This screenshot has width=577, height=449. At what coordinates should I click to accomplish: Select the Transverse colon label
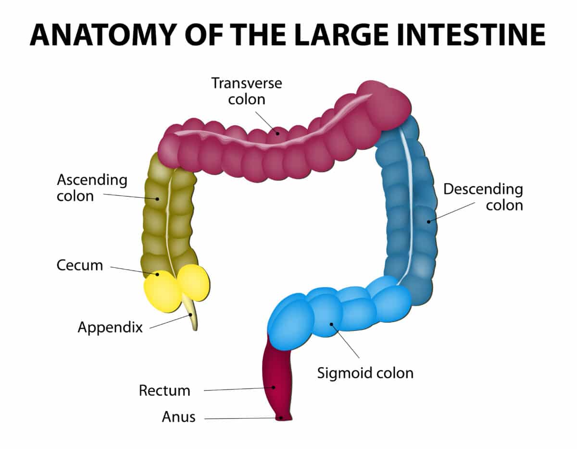[247, 91]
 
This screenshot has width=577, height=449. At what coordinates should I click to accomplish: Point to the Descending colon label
[483, 197]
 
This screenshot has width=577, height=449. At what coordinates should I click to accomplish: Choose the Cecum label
[79, 265]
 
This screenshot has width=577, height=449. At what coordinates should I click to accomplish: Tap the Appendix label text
[110, 328]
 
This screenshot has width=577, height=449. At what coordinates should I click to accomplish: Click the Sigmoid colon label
[365, 373]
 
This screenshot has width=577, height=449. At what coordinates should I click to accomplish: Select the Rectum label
[164, 390]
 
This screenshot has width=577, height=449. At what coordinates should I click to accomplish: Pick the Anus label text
[178, 417]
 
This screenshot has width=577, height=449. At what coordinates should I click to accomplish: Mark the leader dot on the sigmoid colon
[332, 324]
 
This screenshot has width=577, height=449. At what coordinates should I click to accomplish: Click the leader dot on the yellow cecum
[157, 275]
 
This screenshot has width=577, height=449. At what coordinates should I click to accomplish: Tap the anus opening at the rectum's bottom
[282, 418]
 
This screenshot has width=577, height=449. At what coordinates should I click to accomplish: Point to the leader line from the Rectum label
[236, 389]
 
